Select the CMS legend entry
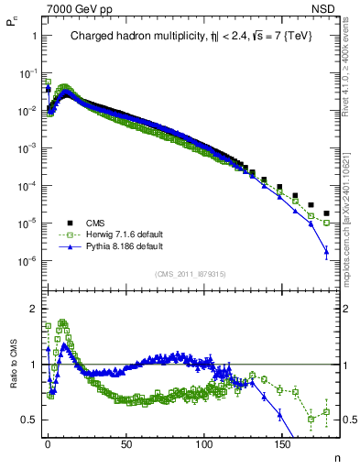click(x=96, y=222)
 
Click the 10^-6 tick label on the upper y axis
click(x=27, y=262)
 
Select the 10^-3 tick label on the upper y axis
click(x=27, y=148)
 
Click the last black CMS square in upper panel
click(x=326, y=214)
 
